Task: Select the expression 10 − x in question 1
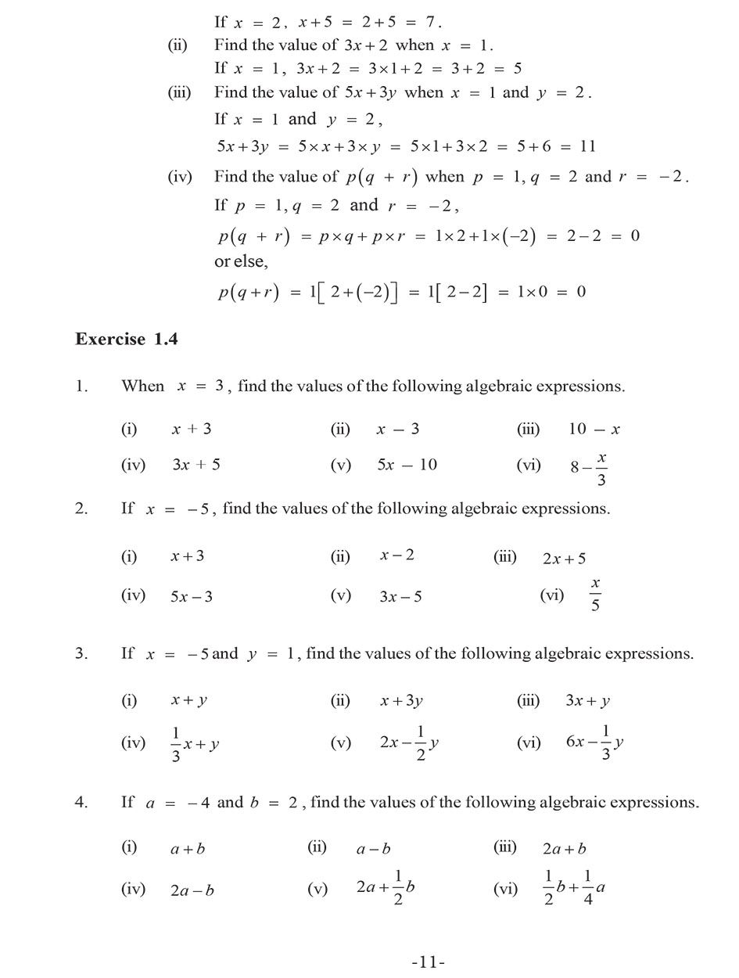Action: (594, 429)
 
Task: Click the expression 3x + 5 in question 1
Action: (196, 465)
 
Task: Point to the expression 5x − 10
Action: (407, 465)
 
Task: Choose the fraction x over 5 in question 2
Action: (595, 595)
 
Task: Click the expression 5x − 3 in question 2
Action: (192, 596)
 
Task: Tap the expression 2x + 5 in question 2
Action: (564, 559)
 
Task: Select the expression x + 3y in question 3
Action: (401, 701)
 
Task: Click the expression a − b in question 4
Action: (374, 849)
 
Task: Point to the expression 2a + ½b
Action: (385, 888)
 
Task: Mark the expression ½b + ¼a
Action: (574, 888)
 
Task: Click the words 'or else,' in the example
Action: (241, 261)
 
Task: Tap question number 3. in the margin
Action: (81, 653)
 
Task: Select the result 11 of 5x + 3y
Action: (588, 146)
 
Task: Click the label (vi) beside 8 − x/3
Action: (529, 466)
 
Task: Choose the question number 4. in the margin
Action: (81, 803)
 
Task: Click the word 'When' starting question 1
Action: (143, 386)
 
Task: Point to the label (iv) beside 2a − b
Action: (133, 889)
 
